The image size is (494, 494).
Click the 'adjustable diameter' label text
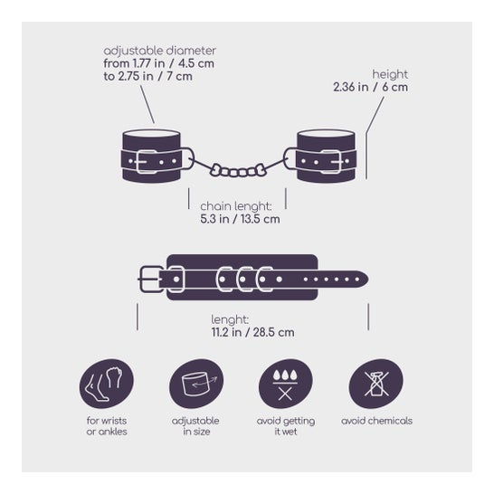click(x=160, y=51)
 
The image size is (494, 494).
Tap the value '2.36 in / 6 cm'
click(x=371, y=87)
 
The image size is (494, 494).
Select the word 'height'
click(x=390, y=74)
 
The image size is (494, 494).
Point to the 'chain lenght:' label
click(x=236, y=206)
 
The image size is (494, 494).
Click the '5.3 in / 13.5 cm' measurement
click(x=240, y=219)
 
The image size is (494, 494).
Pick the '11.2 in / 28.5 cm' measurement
click(x=253, y=332)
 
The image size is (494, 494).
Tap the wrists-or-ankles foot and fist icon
click(x=107, y=385)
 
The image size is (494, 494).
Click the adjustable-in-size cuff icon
click(x=196, y=385)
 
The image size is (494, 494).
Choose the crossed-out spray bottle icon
click(x=375, y=385)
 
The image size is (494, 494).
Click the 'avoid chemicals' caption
click(x=376, y=421)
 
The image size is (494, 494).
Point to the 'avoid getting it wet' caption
click(x=286, y=426)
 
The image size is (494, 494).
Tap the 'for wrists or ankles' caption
click(x=107, y=426)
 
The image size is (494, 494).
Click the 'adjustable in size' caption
click(x=195, y=426)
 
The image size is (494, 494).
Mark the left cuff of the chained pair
click(x=152, y=156)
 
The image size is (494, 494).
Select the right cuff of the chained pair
click(x=327, y=156)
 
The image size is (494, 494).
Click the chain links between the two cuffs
click(x=239, y=170)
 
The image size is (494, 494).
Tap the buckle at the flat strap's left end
click(x=150, y=280)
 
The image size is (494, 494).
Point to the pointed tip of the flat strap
click(x=368, y=280)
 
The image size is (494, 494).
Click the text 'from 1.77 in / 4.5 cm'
click(x=159, y=63)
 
